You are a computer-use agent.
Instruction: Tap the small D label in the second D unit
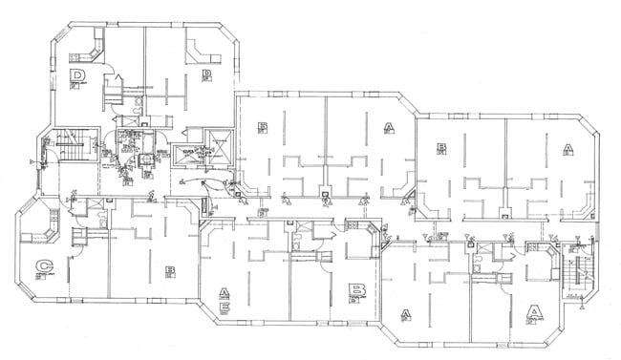coord(205,73)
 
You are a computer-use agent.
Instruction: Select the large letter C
coord(42,266)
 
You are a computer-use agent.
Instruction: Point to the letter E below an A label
coord(225,307)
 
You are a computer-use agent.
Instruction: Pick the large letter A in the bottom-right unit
coord(535,311)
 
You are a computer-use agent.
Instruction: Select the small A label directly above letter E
coord(225,292)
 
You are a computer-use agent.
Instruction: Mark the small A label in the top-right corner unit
coord(567,148)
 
